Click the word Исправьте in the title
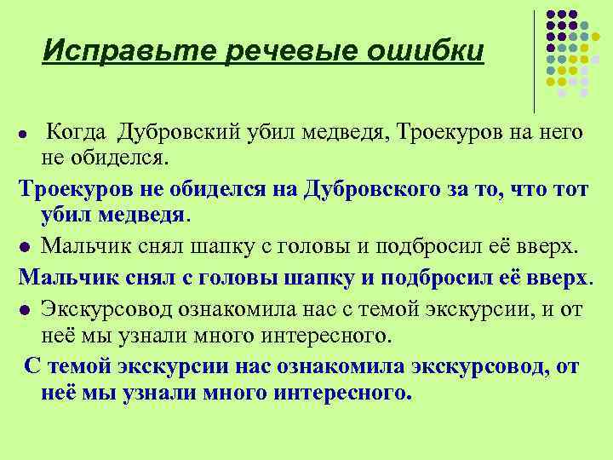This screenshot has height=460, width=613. [128, 50]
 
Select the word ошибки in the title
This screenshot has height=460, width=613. [426, 50]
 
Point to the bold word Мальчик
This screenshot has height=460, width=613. [70, 279]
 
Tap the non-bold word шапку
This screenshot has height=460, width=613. [232, 247]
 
